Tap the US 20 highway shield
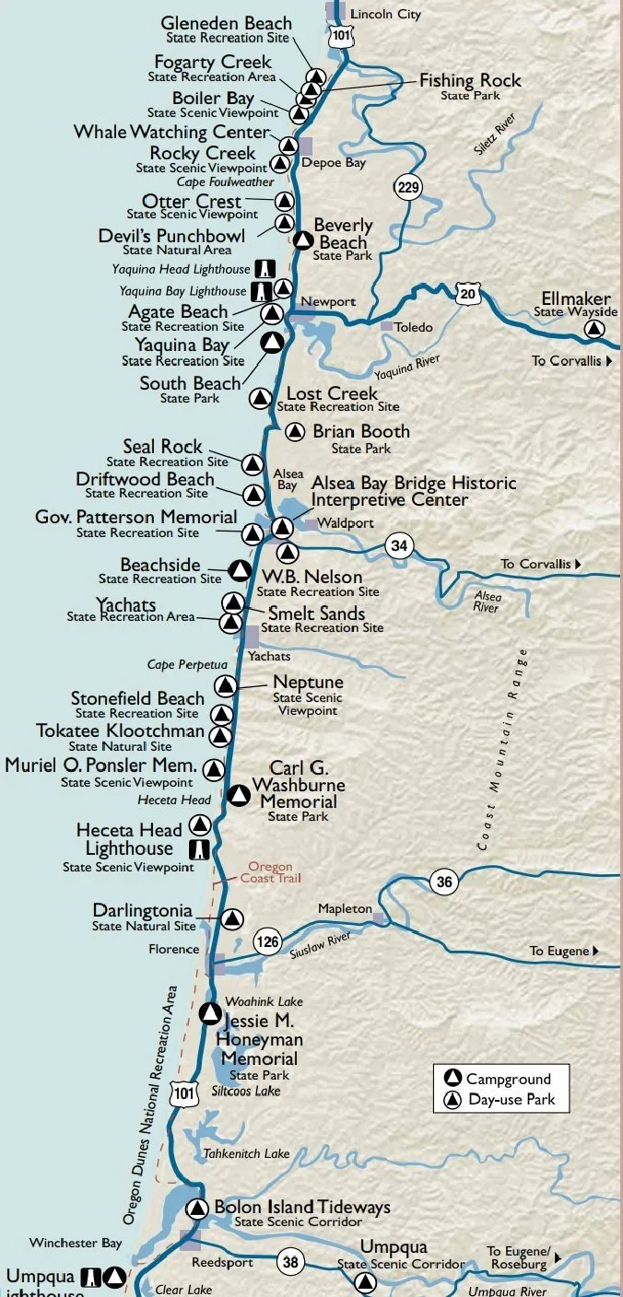(467, 292)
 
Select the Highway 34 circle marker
(398, 545)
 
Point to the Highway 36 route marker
(444, 882)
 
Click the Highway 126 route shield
(267, 941)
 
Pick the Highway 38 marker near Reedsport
(290, 1262)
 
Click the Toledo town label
(412, 327)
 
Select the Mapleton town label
(345, 909)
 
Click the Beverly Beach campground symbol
(302, 241)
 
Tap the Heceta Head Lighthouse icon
(197, 848)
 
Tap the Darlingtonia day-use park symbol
(232, 918)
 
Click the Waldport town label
(336, 523)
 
